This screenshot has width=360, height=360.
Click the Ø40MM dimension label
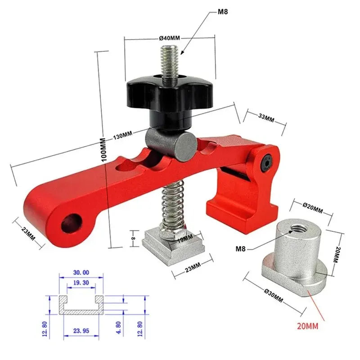[x=169, y=39]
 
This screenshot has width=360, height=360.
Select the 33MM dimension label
[x=266, y=118]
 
